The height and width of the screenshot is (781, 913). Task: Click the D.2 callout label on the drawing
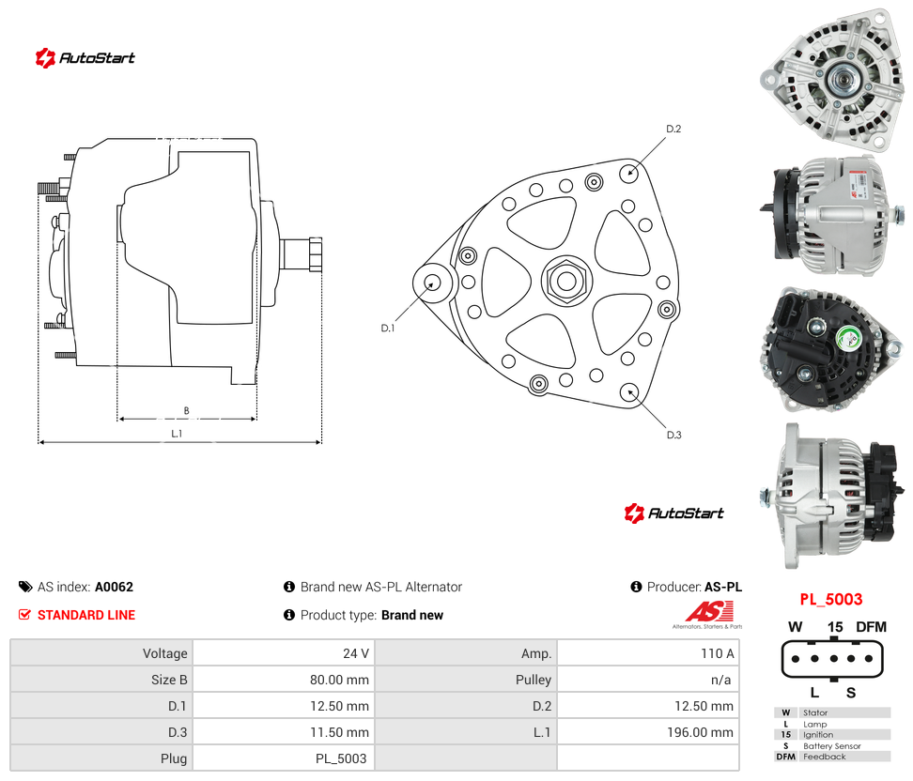pyautogui.click(x=673, y=129)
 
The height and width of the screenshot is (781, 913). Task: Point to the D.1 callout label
pyautogui.click(x=388, y=329)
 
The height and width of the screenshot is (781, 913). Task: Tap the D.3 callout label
pyautogui.click(x=673, y=435)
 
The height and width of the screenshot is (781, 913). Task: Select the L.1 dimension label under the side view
pyautogui.click(x=177, y=434)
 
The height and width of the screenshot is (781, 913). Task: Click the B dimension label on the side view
pyautogui.click(x=186, y=411)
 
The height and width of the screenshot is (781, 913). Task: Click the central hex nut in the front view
pyautogui.click(x=566, y=281)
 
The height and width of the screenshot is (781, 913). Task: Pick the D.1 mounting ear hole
pyautogui.click(x=432, y=283)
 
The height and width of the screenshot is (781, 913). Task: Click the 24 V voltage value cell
pyautogui.click(x=356, y=653)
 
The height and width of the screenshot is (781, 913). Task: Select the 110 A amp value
pyautogui.click(x=718, y=653)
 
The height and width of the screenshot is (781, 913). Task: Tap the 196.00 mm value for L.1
pyautogui.click(x=700, y=732)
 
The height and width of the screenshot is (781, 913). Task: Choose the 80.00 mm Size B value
pyautogui.click(x=339, y=680)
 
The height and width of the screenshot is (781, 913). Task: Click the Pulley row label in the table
pyautogui.click(x=534, y=680)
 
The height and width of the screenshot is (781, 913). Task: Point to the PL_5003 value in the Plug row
pyautogui.click(x=341, y=758)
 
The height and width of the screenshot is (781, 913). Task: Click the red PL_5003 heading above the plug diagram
pyautogui.click(x=831, y=600)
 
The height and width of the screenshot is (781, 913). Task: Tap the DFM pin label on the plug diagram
pyautogui.click(x=871, y=627)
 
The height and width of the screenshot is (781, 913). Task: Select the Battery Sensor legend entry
pyautogui.click(x=831, y=745)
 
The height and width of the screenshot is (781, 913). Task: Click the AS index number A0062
pyautogui.click(x=115, y=587)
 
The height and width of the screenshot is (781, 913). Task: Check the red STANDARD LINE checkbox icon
pyautogui.click(x=24, y=615)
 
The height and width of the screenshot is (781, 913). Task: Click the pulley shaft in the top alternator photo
pyautogui.click(x=842, y=79)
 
